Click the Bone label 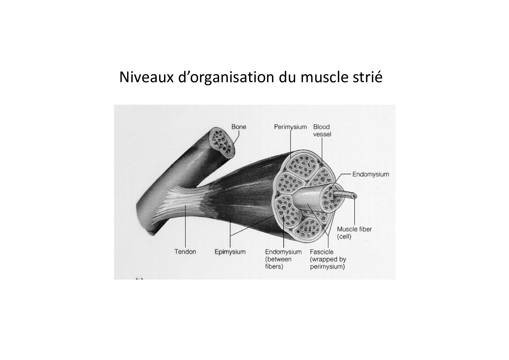click(x=239, y=127)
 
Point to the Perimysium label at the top click(x=290, y=127)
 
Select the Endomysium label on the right click(x=371, y=174)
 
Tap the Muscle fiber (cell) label click(x=354, y=233)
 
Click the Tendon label click(x=185, y=252)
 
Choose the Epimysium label click(x=230, y=252)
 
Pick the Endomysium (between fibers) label click(x=284, y=259)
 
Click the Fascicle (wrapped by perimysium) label click(x=328, y=259)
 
